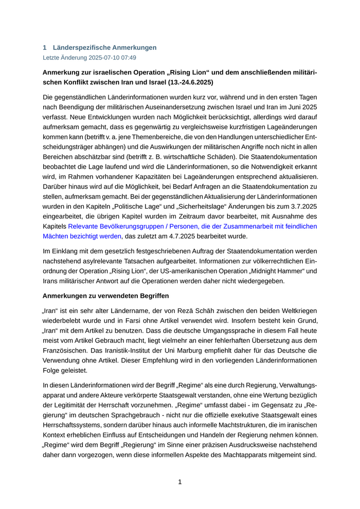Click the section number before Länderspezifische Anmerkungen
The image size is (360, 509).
tap(45, 48)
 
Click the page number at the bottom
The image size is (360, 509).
tap(180, 482)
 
